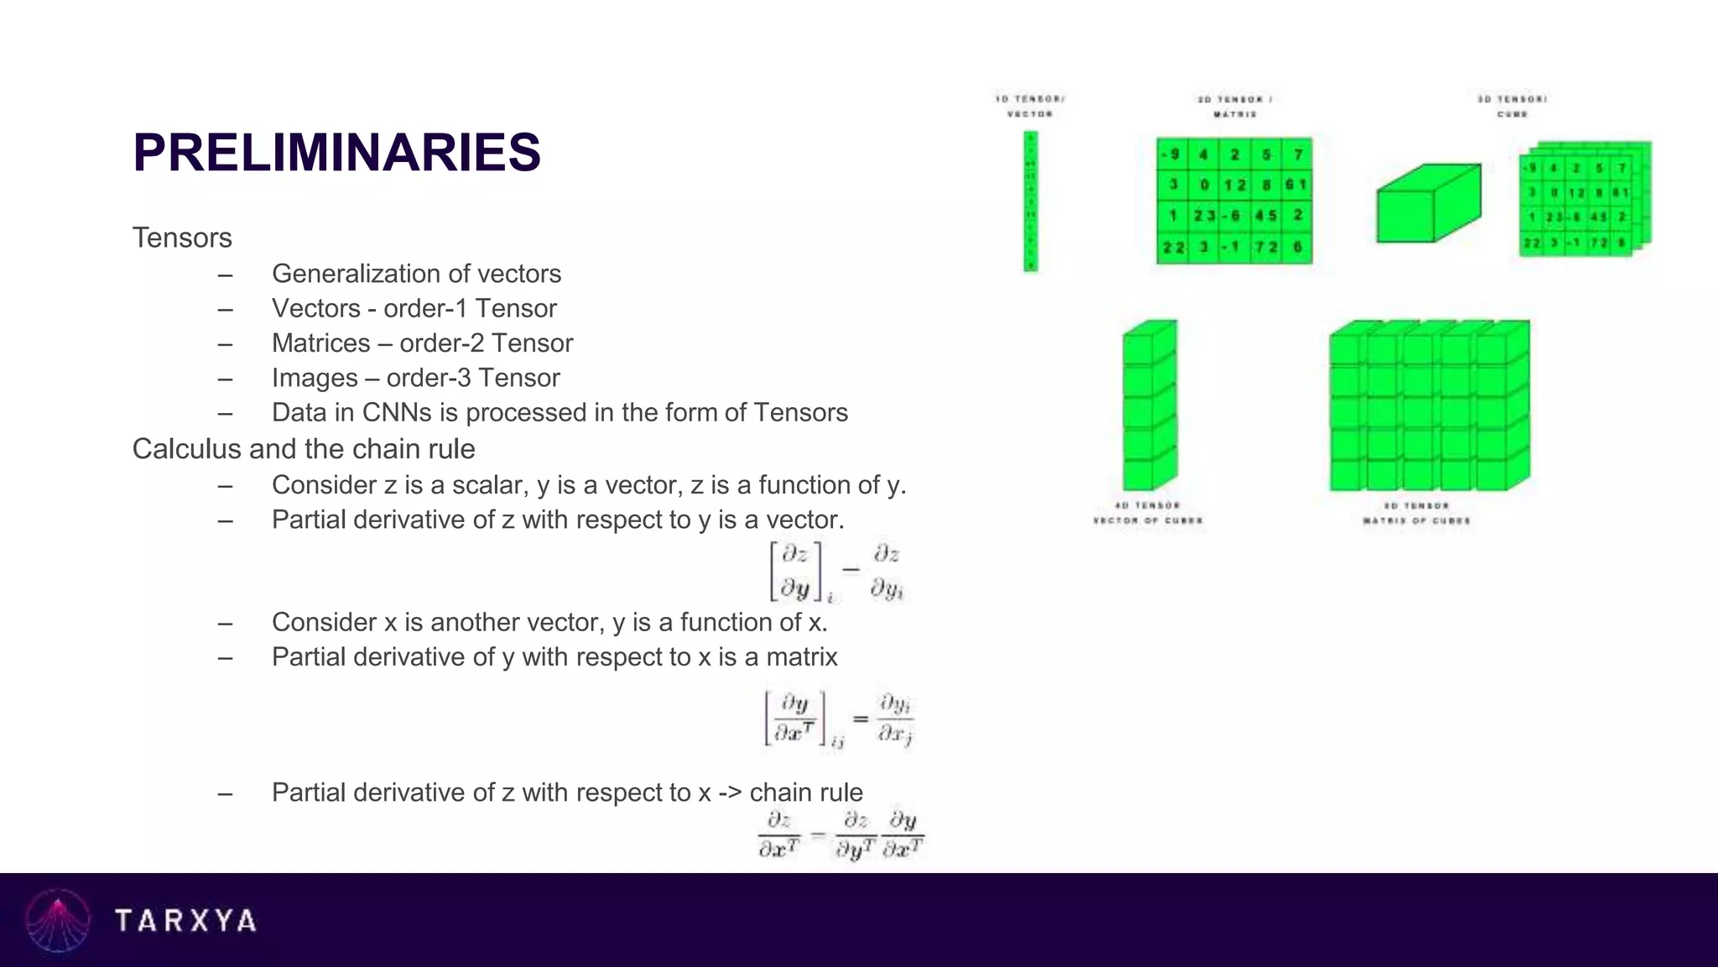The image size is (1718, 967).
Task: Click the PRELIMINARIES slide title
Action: coord(336,153)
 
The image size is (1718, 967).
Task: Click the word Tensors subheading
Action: coord(182,238)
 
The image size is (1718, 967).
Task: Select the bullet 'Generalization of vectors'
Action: coord(416,274)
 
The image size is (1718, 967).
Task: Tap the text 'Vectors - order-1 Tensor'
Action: coord(414,308)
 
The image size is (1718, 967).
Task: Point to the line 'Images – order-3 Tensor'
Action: coord(415,378)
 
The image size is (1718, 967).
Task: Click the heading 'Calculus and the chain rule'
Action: coord(304,449)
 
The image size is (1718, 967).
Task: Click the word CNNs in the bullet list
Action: coord(397,413)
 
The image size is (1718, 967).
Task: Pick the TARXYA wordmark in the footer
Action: coord(185,921)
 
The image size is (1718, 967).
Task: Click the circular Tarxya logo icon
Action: coord(58,921)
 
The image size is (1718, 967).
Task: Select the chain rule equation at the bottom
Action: coord(840,834)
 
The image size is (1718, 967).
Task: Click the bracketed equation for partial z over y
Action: coord(837,571)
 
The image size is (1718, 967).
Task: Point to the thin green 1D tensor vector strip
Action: coord(1031,201)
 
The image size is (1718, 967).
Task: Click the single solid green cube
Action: coord(1428,203)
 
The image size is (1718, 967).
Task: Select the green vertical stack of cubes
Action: coord(1149,405)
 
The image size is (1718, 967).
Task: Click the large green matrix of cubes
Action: coord(1429,405)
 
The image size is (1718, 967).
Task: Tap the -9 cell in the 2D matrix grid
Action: coord(1172,154)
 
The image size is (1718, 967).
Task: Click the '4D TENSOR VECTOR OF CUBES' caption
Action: coord(1148,513)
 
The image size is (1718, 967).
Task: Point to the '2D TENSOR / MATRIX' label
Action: coord(1235,106)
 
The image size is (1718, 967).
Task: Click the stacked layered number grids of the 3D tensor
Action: coord(1584,200)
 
